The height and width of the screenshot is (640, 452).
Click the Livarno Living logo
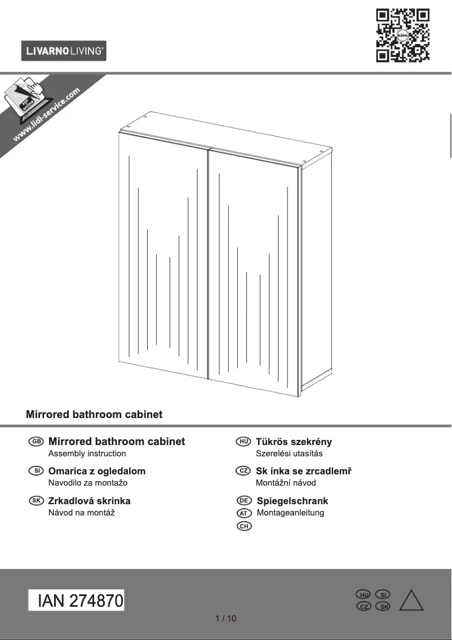[64, 51]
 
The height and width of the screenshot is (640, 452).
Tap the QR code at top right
[402, 35]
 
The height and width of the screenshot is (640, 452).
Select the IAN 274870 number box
[77, 601]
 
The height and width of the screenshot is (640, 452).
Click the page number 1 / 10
[226, 619]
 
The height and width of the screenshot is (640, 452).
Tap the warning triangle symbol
[411, 601]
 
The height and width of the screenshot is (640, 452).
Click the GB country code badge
[35, 442]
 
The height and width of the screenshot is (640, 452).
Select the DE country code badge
[244, 501]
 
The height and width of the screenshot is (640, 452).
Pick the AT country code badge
[244, 513]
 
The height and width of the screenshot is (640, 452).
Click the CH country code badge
[244, 526]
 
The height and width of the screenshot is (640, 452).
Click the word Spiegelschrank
[292, 501]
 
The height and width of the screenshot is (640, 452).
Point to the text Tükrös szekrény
[294, 442]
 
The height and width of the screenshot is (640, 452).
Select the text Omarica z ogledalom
[97, 471]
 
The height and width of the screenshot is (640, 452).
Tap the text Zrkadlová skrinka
[90, 501]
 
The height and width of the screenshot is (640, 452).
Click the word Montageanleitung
[290, 513]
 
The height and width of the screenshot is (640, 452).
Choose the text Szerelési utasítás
[289, 454]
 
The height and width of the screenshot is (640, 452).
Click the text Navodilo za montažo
[88, 483]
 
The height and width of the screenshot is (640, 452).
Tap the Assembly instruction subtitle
[87, 454]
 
